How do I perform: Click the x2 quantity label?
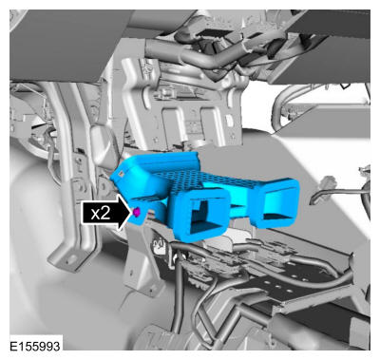[101, 214]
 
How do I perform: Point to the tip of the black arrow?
[131, 212]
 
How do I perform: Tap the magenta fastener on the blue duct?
[137, 212]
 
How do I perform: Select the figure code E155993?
[34, 346]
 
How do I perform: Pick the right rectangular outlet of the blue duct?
[276, 203]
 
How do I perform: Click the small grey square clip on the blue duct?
[121, 173]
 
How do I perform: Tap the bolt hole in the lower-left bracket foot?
[70, 259]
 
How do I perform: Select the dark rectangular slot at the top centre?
[210, 33]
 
